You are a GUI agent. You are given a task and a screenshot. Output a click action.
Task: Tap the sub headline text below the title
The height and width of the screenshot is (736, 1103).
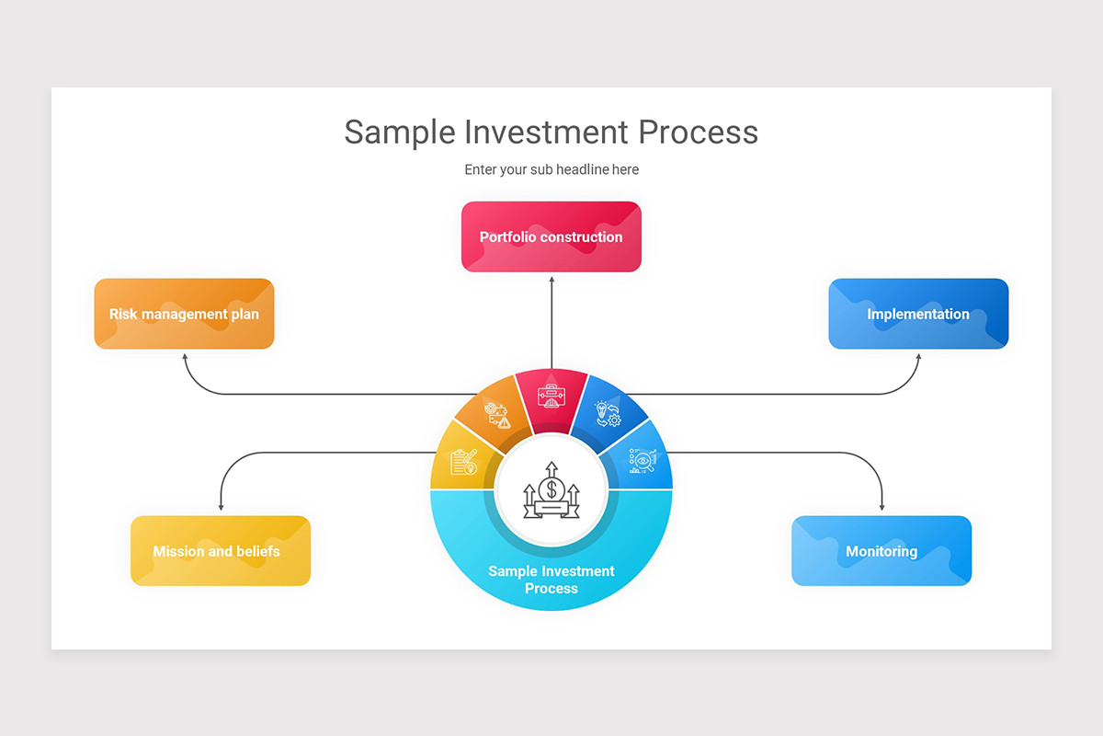coord(551,169)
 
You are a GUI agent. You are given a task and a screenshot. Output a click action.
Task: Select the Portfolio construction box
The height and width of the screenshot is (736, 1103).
coord(551,237)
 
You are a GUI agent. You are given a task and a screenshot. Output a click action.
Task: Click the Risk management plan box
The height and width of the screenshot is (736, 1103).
coord(184,314)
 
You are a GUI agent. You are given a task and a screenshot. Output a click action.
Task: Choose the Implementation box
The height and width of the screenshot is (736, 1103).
coord(918,314)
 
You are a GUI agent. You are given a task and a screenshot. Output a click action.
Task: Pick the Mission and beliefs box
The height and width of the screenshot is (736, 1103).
coord(221,551)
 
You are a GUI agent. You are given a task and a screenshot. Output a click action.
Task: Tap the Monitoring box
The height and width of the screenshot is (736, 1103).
coord(881,551)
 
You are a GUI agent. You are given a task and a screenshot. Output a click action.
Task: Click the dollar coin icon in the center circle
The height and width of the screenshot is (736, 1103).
coord(551,489)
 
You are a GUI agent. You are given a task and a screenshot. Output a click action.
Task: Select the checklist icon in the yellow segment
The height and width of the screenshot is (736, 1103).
coord(464,460)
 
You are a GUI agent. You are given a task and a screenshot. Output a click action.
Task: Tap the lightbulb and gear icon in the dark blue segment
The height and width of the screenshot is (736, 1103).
coord(607,414)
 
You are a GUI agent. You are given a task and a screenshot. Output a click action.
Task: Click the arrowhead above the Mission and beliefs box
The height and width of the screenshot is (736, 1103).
coord(221,507)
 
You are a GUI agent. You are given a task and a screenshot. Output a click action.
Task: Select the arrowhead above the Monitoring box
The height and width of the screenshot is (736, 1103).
coord(882,507)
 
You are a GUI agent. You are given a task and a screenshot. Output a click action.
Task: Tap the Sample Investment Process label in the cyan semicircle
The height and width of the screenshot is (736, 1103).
coord(551,580)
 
